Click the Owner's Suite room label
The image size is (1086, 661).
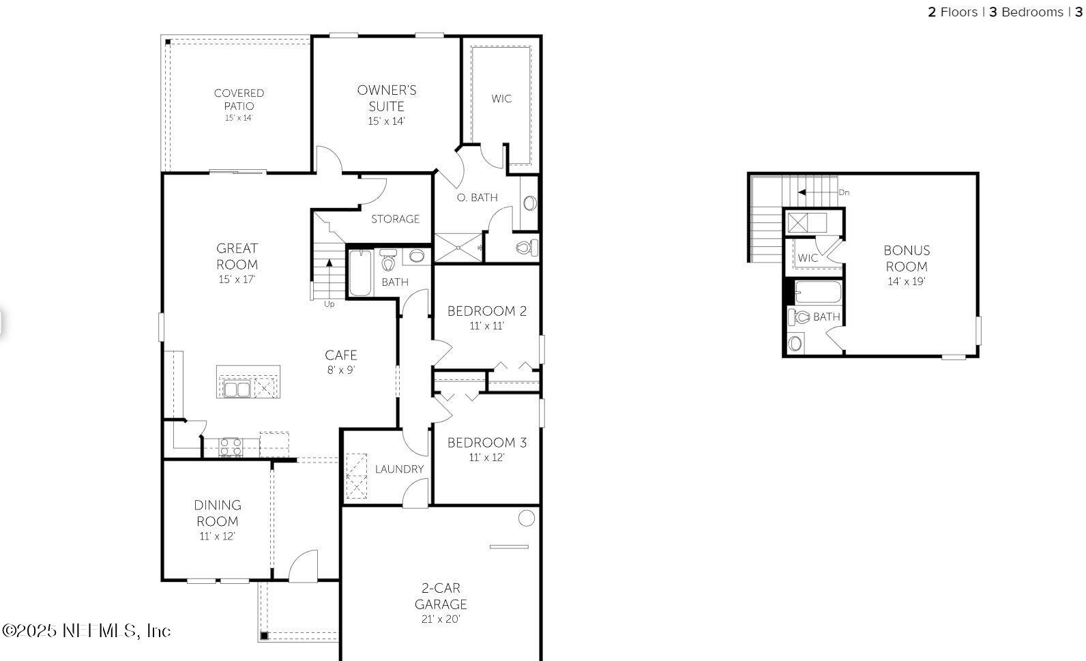click(x=386, y=98)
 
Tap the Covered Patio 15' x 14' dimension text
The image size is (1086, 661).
click(x=239, y=118)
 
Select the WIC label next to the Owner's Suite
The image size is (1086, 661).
click(x=501, y=99)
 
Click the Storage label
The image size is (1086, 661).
click(x=395, y=219)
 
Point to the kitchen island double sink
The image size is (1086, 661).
click(x=236, y=390)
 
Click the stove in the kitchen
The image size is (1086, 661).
click(x=231, y=447)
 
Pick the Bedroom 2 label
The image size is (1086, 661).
click(x=486, y=311)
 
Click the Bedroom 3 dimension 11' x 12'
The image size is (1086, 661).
click(x=486, y=458)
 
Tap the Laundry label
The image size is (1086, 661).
click(x=399, y=469)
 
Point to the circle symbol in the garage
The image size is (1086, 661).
click(x=526, y=518)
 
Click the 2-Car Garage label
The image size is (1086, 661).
click(x=441, y=596)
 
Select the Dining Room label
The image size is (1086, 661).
click(x=218, y=513)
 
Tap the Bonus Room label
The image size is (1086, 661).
click(x=907, y=259)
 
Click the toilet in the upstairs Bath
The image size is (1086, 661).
click(x=802, y=317)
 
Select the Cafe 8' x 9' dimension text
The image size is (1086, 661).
click(x=340, y=370)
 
